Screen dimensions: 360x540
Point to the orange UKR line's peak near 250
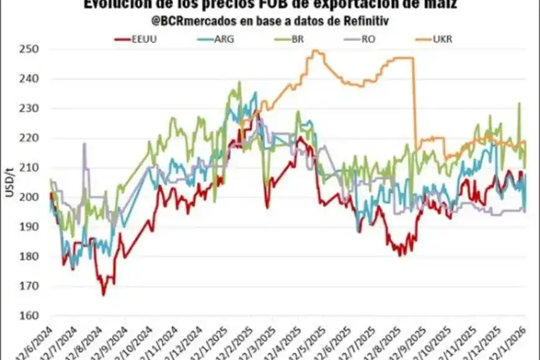[315, 51]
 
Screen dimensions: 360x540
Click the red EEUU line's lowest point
[104, 294]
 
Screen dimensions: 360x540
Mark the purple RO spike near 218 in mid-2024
[84, 144]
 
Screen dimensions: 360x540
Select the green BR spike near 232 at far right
[519, 104]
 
